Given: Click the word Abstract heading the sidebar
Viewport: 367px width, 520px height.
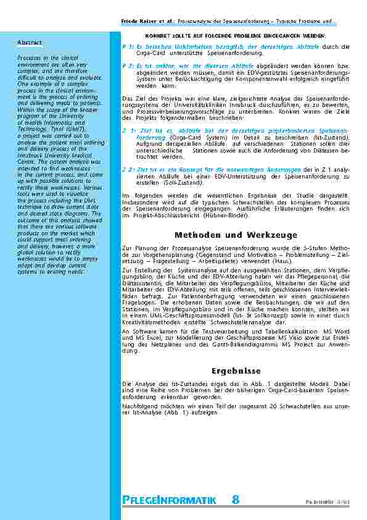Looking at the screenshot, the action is coord(30,43).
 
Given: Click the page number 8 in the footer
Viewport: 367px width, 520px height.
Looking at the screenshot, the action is coord(236,500).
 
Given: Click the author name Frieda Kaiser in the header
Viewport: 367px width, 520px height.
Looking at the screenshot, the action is coord(138,22).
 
